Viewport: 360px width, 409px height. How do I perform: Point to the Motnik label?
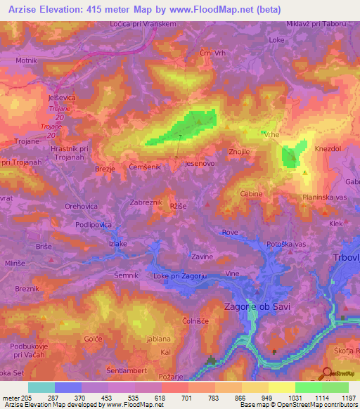pos(27,61)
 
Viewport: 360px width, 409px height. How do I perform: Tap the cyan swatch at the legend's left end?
pos(41,387)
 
